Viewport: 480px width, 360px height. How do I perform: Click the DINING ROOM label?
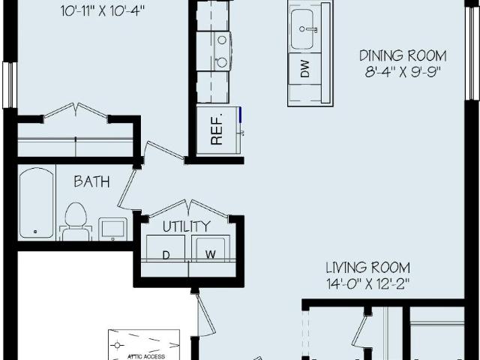pyautogui.click(x=403, y=56)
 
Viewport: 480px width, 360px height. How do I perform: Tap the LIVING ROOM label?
pyautogui.click(x=367, y=268)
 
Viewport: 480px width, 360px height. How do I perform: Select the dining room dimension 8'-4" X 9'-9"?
pyautogui.click(x=403, y=72)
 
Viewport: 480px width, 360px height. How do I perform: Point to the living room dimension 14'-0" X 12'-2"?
pyautogui.click(x=367, y=284)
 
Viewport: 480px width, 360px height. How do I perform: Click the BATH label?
pyautogui.click(x=91, y=181)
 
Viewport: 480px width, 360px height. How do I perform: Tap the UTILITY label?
pyautogui.click(x=187, y=226)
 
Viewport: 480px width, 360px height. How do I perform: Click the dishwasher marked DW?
pyautogui.click(x=305, y=68)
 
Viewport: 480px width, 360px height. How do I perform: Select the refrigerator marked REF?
pyautogui.click(x=218, y=130)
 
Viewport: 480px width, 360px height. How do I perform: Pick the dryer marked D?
pyautogui.click(x=166, y=248)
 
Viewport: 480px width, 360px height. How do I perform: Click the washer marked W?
pyautogui.click(x=211, y=248)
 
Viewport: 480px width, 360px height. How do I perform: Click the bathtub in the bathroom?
pyautogui.click(x=37, y=202)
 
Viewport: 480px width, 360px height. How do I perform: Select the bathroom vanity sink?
pyautogui.click(x=112, y=229)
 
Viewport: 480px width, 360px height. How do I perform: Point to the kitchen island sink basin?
pyautogui.click(x=301, y=29)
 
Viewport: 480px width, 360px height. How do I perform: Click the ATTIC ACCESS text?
pyautogui.click(x=146, y=357)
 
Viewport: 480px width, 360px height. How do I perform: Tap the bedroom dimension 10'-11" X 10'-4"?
pyautogui.click(x=102, y=12)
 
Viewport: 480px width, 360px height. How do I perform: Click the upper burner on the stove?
pyautogui.click(x=223, y=40)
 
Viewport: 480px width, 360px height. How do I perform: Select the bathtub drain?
pyautogui.click(x=35, y=232)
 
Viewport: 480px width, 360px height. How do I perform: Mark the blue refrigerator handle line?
pyautogui.click(x=240, y=115)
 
